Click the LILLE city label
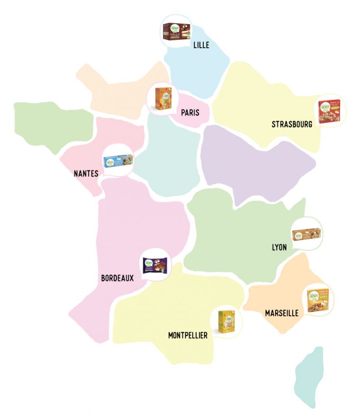(x=201, y=45)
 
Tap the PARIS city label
(x=190, y=113)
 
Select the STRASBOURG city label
(x=292, y=124)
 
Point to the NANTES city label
(x=86, y=174)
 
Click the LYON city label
(x=279, y=247)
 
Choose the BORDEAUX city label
(x=117, y=278)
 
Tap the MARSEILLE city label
(x=282, y=313)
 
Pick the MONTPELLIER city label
(x=188, y=336)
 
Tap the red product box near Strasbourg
(x=329, y=112)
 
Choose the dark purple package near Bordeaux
(x=155, y=265)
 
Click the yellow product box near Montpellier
(x=226, y=321)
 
